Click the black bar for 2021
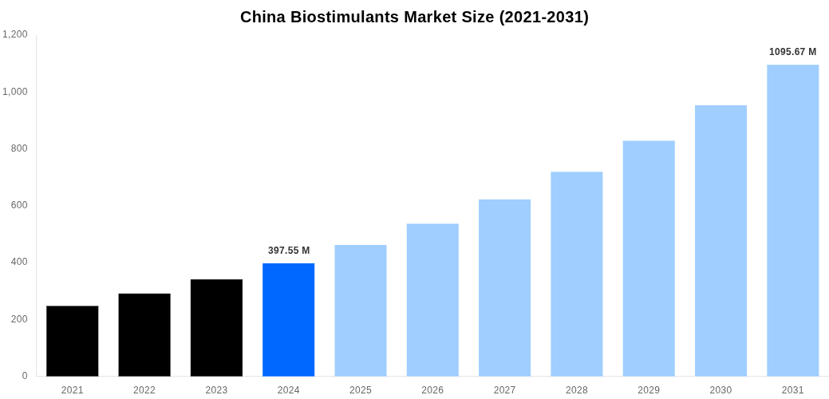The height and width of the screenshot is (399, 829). pyautogui.click(x=72, y=341)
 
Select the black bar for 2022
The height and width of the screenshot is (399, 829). pyautogui.click(x=144, y=334)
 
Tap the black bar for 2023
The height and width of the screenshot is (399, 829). pyautogui.click(x=216, y=327)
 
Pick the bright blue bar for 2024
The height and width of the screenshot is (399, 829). pyautogui.click(x=288, y=319)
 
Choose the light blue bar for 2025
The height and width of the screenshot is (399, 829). pyautogui.click(x=361, y=310)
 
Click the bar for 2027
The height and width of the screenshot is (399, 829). pyautogui.click(x=504, y=287)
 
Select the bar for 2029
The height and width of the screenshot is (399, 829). pyautogui.click(x=649, y=258)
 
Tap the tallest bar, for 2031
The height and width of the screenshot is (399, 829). pyautogui.click(x=792, y=220)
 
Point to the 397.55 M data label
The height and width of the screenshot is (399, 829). pyautogui.click(x=289, y=251)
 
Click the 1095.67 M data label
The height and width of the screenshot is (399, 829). pyautogui.click(x=792, y=52)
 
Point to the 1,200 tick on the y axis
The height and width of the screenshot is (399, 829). pyautogui.click(x=14, y=34)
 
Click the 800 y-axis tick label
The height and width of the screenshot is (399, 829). pyautogui.click(x=19, y=148)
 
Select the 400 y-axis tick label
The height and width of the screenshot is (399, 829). pyautogui.click(x=19, y=262)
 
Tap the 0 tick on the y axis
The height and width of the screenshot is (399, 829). pyautogui.click(x=25, y=376)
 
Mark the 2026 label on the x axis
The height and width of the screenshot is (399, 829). pyautogui.click(x=432, y=390)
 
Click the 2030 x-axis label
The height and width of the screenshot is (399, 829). pyautogui.click(x=720, y=390)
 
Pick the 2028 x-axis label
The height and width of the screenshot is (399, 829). pyautogui.click(x=576, y=390)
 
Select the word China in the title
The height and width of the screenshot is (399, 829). pyautogui.click(x=261, y=17)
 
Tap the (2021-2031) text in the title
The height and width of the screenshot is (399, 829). pyautogui.click(x=543, y=17)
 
